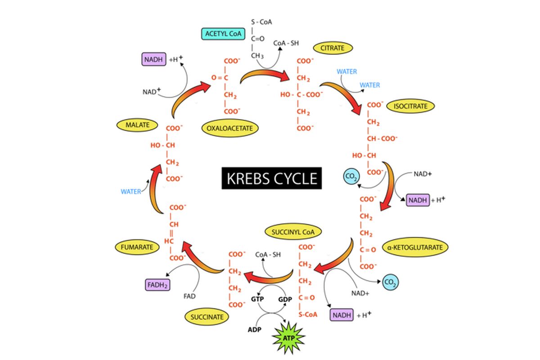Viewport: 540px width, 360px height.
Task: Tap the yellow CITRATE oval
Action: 333,47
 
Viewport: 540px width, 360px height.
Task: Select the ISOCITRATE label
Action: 410,106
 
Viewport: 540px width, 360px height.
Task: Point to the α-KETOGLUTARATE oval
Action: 415,247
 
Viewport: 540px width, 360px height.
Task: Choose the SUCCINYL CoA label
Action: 293,232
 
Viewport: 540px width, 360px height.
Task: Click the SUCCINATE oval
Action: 207,317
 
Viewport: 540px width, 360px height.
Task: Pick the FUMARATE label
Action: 137,247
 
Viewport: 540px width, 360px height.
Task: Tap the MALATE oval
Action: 138,125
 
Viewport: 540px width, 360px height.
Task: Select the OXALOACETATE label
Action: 230,128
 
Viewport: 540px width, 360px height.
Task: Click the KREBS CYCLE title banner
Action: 272,178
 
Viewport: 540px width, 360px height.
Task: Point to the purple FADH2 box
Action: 157,285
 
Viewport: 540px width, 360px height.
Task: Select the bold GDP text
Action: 285,299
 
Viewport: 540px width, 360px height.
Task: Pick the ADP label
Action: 255,329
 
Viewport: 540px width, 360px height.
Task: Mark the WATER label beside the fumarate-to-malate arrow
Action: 130,192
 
